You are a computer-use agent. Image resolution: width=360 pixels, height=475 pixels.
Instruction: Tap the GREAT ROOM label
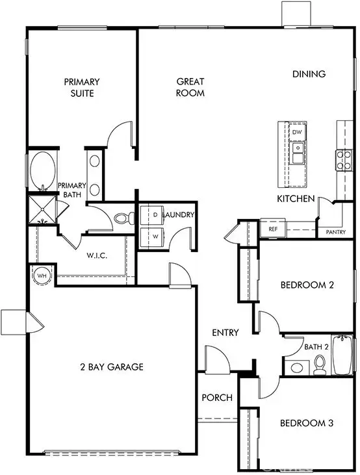point(190,87)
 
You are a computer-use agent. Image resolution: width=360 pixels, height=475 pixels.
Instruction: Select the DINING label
point(309,74)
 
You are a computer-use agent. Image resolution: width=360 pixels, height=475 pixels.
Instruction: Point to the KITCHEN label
point(296,199)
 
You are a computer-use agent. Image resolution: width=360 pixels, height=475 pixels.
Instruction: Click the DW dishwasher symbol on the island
point(297,133)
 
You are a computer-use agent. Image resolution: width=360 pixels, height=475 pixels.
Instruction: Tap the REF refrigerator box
point(272,229)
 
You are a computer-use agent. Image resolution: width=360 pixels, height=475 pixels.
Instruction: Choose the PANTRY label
point(336,232)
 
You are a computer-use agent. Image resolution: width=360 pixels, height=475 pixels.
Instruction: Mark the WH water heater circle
point(41,275)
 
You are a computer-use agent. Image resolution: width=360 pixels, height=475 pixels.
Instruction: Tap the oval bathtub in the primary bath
point(43,171)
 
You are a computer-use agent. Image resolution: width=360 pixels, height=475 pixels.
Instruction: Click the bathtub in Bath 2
point(342,357)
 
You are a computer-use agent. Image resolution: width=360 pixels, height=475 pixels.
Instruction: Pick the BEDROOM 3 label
point(306,423)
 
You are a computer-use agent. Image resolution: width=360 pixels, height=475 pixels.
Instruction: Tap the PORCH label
point(216,397)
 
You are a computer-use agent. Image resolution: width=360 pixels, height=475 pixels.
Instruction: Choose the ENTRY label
point(225,333)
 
